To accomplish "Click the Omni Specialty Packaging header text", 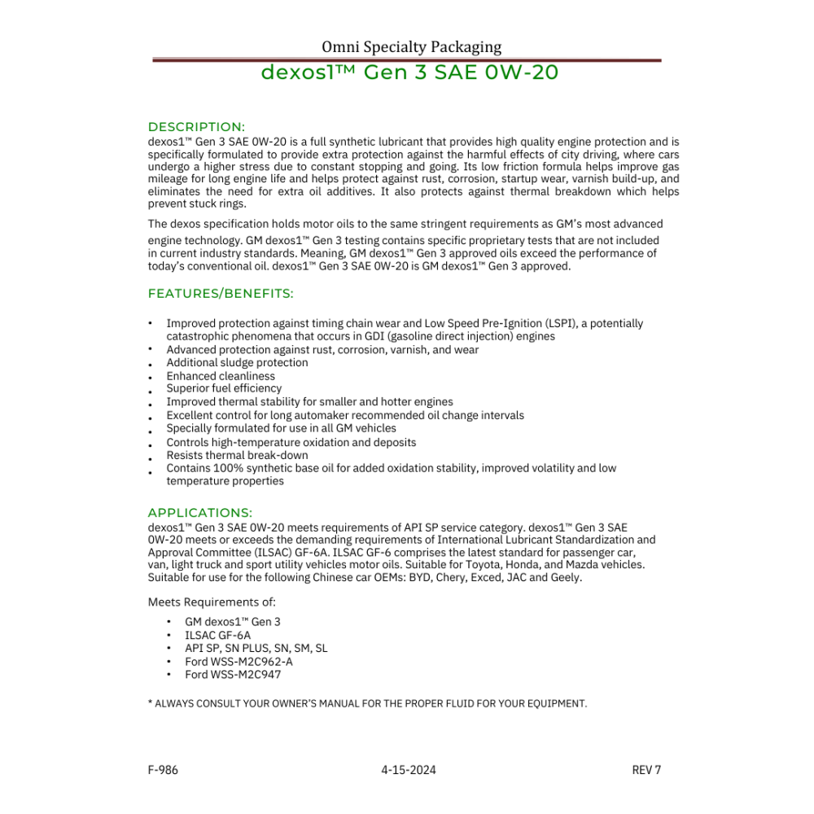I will coord(411,46).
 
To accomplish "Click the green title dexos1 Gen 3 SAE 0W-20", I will coord(409,72).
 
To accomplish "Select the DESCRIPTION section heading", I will coord(196,127).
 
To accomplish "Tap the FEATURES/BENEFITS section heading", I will coord(221,293).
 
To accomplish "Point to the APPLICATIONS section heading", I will coord(200,513).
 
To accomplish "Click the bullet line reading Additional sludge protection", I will coord(237,362).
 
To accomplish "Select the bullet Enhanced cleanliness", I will coord(221,376).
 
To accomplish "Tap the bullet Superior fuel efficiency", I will coord(224,388).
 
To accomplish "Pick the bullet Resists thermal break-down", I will coord(237,455).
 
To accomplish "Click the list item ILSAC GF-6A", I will coord(217,635).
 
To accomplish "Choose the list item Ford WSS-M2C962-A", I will coord(239,661).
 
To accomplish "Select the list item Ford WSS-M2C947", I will coord(233,674).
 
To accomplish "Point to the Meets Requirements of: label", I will coord(212,602).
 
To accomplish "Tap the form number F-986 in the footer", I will coord(163,770).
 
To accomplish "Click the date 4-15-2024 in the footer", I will coord(408,770).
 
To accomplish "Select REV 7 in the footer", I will coord(646,770).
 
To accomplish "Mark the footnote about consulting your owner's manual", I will coord(367,702).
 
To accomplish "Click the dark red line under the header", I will coord(407,59).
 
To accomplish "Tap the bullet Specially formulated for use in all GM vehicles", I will coord(281,428).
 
